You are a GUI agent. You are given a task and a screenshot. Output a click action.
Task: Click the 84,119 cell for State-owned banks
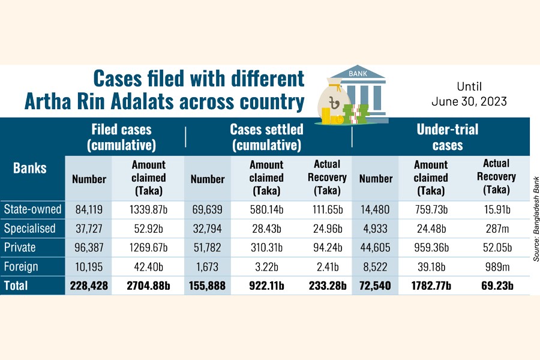(x=89, y=209)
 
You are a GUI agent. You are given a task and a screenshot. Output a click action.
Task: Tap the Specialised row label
(x=30, y=229)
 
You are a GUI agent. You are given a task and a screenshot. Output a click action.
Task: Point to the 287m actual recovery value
(x=497, y=229)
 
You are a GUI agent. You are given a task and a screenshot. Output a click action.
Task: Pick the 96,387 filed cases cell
(x=89, y=248)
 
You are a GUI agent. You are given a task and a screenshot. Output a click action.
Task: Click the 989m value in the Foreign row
(x=497, y=266)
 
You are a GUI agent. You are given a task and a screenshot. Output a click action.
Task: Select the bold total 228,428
(x=89, y=286)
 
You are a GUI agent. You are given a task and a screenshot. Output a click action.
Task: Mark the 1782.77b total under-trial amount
(x=430, y=286)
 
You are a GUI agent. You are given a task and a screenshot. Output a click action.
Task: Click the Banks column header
(x=30, y=167)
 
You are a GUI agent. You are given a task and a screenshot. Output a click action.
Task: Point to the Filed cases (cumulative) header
(x=122, y=137)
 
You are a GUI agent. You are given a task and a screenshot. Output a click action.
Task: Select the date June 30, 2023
(x=469, y=101)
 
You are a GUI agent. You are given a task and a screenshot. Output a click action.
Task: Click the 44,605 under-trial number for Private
(x=376, y=248)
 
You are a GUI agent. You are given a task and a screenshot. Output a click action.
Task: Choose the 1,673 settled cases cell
(x=208, y=266)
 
